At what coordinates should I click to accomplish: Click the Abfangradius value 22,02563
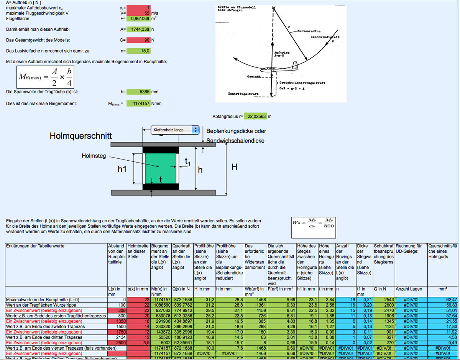[255, 116]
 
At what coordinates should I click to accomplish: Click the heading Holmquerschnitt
[80, 136]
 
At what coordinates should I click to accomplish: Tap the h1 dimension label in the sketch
[122, 169]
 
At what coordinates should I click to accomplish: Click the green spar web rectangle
[160, 168]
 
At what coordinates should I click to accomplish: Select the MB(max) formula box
[45, 77]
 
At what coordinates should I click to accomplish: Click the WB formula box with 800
[313, 223]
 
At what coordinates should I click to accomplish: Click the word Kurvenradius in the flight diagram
[309, 31]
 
